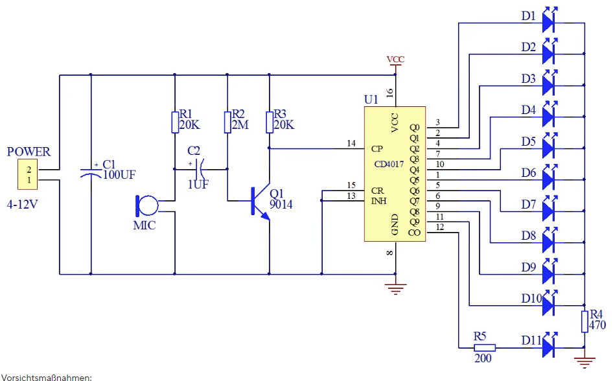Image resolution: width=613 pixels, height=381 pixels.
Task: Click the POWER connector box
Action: point(29,174)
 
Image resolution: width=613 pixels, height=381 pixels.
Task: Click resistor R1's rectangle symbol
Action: point(175,122)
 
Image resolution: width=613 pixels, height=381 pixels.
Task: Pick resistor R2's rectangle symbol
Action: point(227,122)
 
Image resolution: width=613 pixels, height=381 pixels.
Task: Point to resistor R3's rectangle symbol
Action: point(270,122)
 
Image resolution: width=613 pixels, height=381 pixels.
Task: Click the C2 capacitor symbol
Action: point(200,169)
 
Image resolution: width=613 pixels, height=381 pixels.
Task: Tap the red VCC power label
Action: point(395,60)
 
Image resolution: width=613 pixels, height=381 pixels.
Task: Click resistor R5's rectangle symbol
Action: point(483,347)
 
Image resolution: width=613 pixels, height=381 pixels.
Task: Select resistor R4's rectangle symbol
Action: point(584,321)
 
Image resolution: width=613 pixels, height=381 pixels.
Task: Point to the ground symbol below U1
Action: point(395,288)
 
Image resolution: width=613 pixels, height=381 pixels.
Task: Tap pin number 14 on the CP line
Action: point(352,143)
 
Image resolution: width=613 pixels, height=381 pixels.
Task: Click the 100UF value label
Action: point(120,174)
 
